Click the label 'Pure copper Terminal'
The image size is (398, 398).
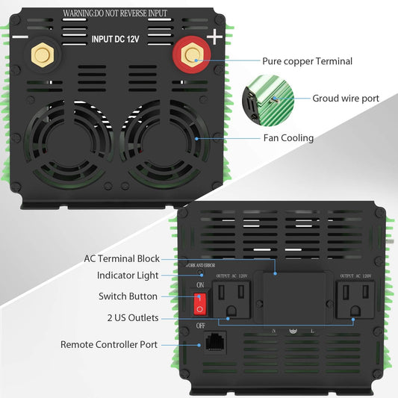(307, 61)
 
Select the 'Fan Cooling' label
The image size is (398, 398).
(287, 138)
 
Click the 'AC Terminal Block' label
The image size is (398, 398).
(122, 258)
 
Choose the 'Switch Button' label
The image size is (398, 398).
(128, 296)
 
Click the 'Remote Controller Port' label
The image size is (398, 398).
(109, 345)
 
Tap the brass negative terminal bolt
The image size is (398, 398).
(39, 54)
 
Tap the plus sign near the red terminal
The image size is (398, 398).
(214, 37)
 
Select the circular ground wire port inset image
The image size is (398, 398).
(266, 98)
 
